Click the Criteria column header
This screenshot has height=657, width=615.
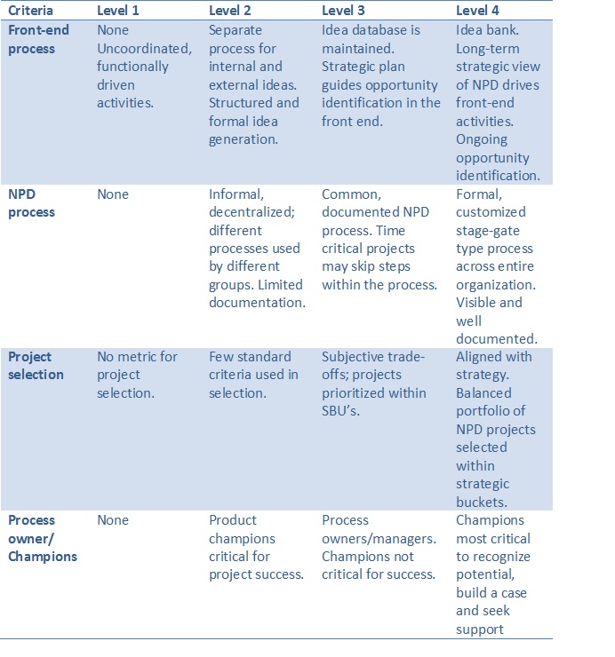[31, 11]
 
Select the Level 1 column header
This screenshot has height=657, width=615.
[119, 11]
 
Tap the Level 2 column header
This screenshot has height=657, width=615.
[231, 11]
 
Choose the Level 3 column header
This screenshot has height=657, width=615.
[344, 11]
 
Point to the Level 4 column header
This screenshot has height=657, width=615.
[478, 11]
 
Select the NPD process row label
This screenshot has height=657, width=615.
[31, 202]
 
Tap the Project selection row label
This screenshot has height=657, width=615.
[36, 365]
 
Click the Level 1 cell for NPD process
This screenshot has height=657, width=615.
[113, 194]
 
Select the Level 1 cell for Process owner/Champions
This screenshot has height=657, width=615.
[113, 520]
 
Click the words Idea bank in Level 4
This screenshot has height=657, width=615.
[486, 30]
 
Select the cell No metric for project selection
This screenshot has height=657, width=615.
[138, 374]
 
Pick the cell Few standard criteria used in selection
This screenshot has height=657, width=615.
[253, 374]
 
